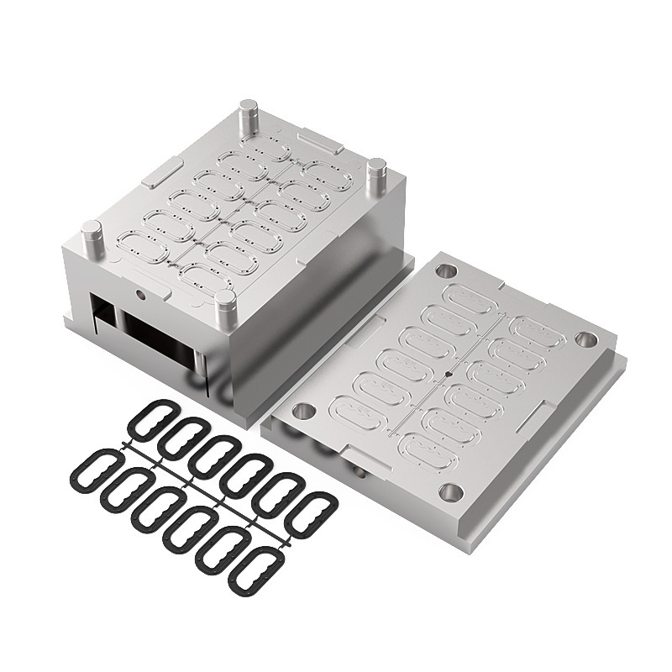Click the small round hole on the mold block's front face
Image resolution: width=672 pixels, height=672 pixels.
pos(139,295)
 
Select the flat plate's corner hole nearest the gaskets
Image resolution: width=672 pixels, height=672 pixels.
pos(303,412)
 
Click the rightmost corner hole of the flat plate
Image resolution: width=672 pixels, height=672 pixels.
pos(585,340)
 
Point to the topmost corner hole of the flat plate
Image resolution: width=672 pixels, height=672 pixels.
pos(447,271)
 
